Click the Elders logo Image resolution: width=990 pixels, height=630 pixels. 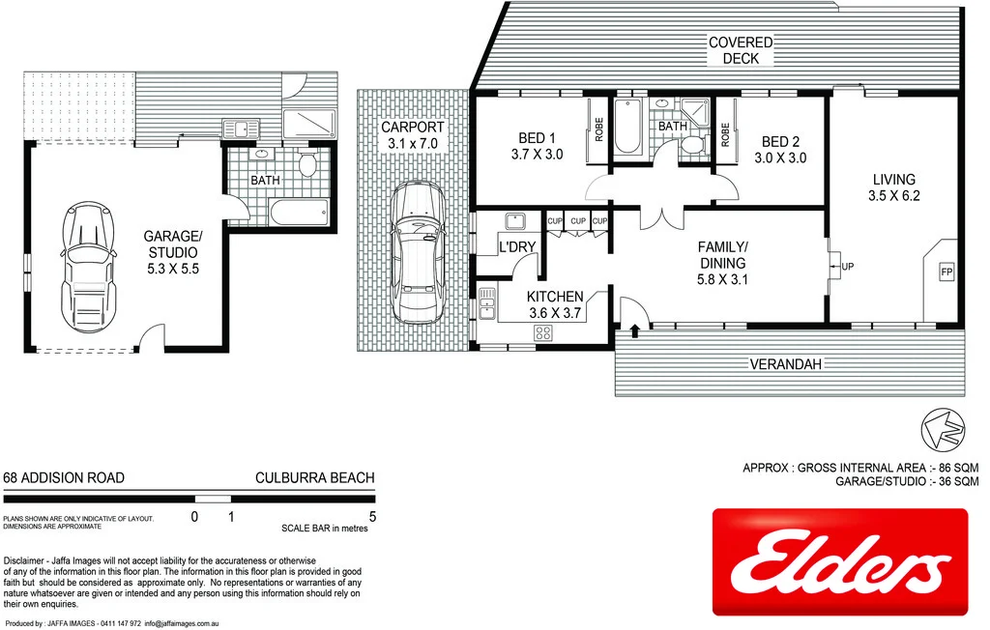coord(839,563)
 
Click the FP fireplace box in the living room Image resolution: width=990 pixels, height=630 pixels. coord(946,272)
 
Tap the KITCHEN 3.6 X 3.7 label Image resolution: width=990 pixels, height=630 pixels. coord(555,304)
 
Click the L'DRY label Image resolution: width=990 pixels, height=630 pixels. coord(516,247)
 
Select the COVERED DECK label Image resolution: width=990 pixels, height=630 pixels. coord(741,50)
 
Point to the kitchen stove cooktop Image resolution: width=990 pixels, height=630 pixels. coord(542,333)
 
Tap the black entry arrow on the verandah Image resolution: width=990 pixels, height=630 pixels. coord(634,330)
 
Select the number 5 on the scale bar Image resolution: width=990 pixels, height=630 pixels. coord(372,516)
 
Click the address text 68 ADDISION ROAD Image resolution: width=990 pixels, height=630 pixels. coord(64,478)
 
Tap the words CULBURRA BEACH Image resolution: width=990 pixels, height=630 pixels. coord(314,478)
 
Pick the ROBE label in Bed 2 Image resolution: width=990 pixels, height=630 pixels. coord(725,131)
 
